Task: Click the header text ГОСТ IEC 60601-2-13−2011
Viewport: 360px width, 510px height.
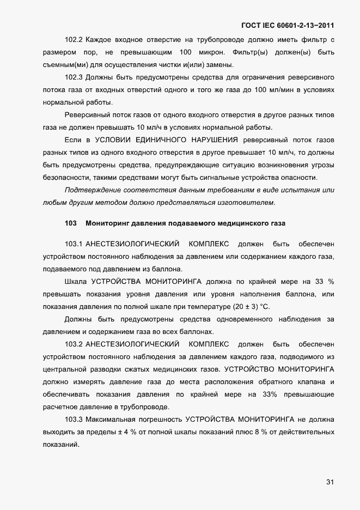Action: click(287, 25)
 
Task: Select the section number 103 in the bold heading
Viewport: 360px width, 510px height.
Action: click(70, 223)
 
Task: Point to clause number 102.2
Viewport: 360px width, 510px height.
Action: click(73, 40)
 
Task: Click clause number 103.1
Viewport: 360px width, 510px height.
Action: click(73, 244)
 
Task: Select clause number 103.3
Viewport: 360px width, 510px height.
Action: click(73, 419)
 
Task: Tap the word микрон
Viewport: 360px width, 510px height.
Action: click(209, 52)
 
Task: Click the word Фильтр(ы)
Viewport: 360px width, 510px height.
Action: click(249, 52)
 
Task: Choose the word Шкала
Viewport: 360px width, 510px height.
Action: click(76, 281)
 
